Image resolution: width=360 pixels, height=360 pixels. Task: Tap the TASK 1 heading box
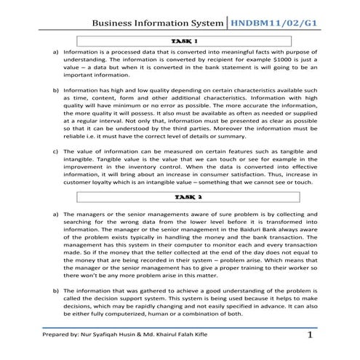(x=185, y=41)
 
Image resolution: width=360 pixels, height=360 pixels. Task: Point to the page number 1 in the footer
(x=311, y=336)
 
